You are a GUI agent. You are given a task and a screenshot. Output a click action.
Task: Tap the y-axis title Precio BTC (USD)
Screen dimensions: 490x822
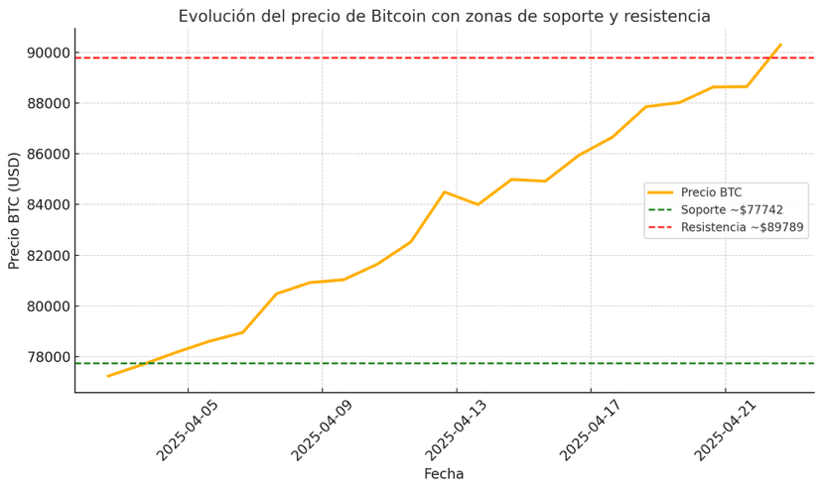coord(14,210)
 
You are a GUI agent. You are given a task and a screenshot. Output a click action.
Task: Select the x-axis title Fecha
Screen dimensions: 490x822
coord(444,474)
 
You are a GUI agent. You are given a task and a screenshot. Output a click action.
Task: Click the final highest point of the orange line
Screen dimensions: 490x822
coord(780,45)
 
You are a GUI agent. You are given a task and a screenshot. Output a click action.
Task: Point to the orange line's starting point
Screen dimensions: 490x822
coord(108,376)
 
